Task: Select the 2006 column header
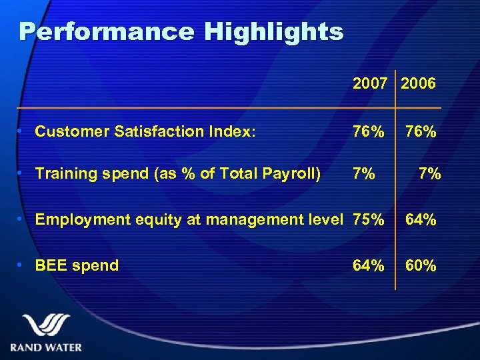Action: click(x=419, y=83)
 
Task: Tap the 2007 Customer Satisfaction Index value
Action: click(x=369, y=132)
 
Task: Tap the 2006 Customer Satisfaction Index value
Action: click(x=421, y=132)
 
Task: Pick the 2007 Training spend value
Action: click(x=363, y=174)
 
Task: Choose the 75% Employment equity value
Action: click(x=369, y=219)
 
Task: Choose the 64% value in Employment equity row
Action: click(x=421, y=219)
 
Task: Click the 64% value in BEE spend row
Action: click(x=369, y=265)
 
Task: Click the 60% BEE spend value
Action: click(x=421, y=265)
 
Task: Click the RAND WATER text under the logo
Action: click(x=46, y=347)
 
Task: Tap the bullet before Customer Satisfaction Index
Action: click(x=23, y=132)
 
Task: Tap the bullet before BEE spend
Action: click(x=23, y=265)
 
